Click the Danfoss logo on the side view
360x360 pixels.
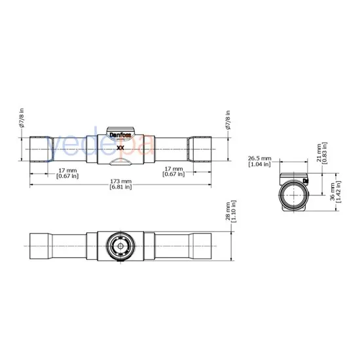tap(119, 138)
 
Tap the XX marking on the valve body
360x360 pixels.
tap(120, 148)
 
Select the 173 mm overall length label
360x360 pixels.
tap(120, 181)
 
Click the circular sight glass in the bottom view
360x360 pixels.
tap(119, 246)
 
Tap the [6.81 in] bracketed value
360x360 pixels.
tap(120, 187)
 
